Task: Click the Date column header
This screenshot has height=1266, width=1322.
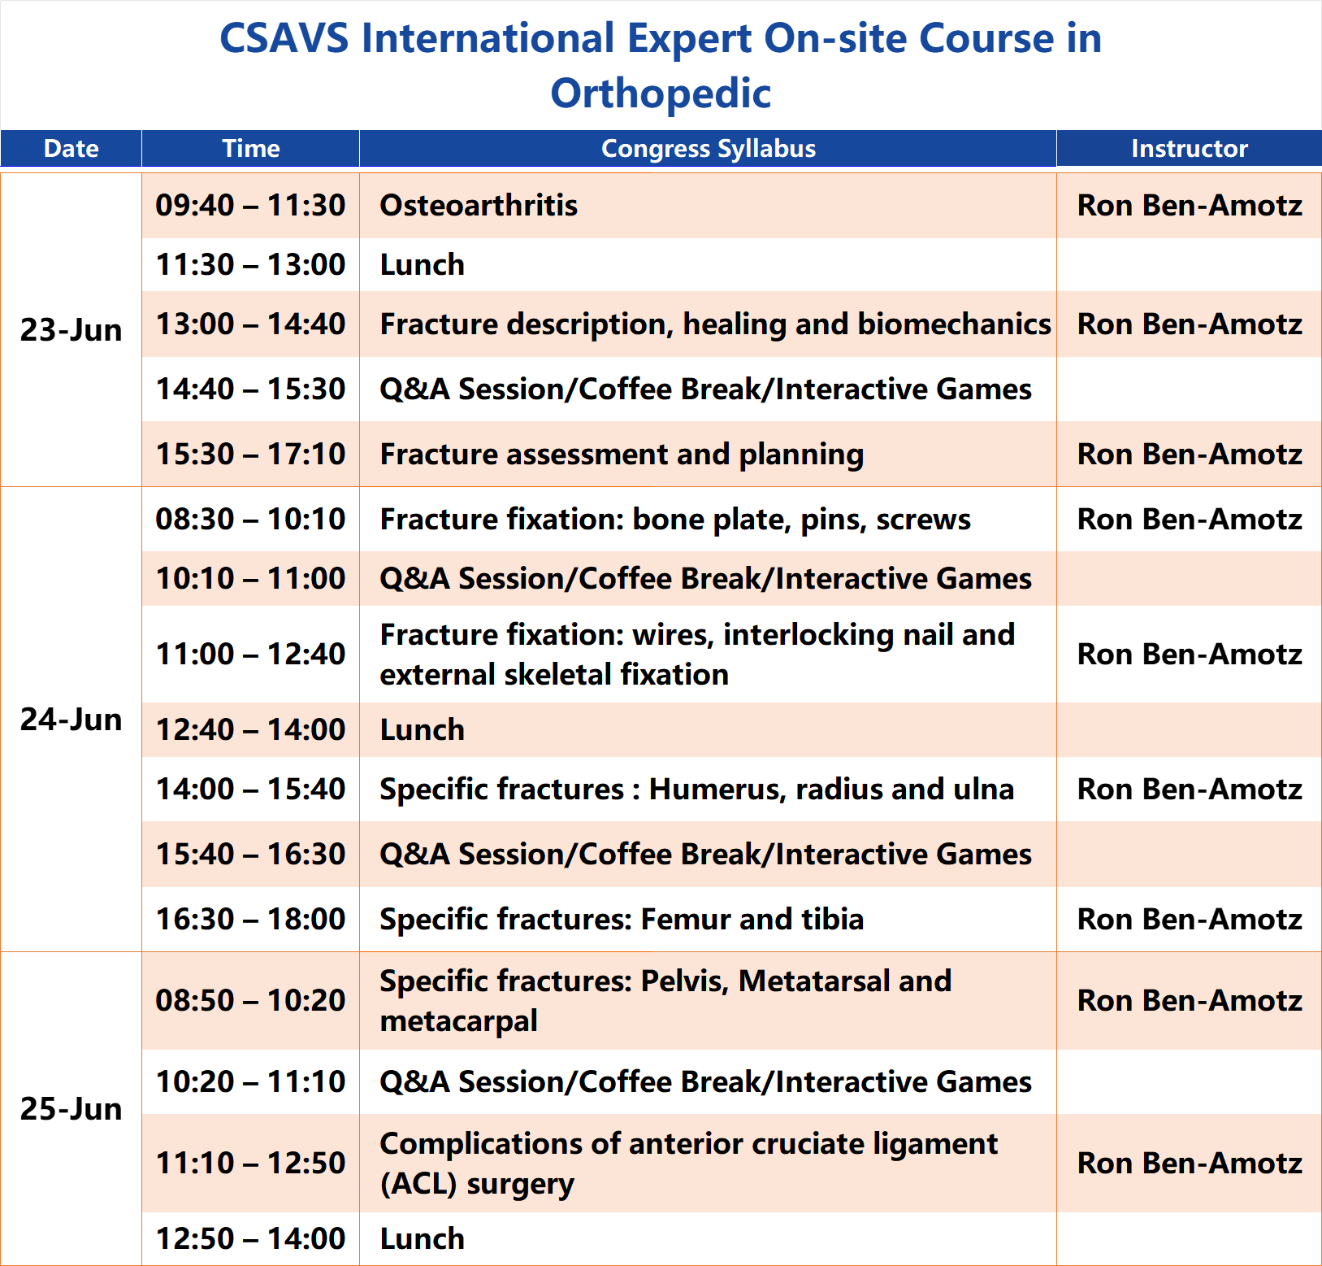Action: (x=72, y=148)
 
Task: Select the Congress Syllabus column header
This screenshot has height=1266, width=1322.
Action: (x=709, y=148)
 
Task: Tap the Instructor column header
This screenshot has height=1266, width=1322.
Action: (x=1190, y=148)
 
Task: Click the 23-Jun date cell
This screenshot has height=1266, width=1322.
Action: (x=72, y=330)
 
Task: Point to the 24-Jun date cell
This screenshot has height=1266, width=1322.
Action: (x=72, y=720)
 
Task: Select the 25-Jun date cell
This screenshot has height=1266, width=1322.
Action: (x=72, y=1109)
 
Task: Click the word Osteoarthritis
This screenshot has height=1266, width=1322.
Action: (x=479, y=206)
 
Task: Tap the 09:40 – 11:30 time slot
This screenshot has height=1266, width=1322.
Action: (x=250, y=206)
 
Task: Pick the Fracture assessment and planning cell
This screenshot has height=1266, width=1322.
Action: (x=622, y=455)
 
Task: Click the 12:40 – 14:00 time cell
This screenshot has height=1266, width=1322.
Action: (x=250, y=730)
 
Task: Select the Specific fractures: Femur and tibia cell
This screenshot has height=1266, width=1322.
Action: (x=622, y=920)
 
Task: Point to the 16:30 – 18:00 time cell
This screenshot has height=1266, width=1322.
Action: (x=250, y=920)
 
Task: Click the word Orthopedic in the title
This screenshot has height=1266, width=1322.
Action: (x=661, y=94)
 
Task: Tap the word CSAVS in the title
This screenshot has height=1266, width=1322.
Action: (x=284, y=39)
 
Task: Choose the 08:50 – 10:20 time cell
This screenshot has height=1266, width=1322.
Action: (x=250, y=1001)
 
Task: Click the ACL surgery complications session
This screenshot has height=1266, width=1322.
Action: (x=689, y=1164)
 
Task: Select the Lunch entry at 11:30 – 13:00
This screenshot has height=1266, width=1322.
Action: (x=423, y=265)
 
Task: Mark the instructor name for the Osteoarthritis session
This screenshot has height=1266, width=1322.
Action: (x=1190, y=206)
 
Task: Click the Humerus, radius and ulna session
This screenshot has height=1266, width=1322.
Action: (x=697, y=790)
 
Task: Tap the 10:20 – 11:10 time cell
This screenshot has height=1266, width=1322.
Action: (x=250, y=1082)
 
